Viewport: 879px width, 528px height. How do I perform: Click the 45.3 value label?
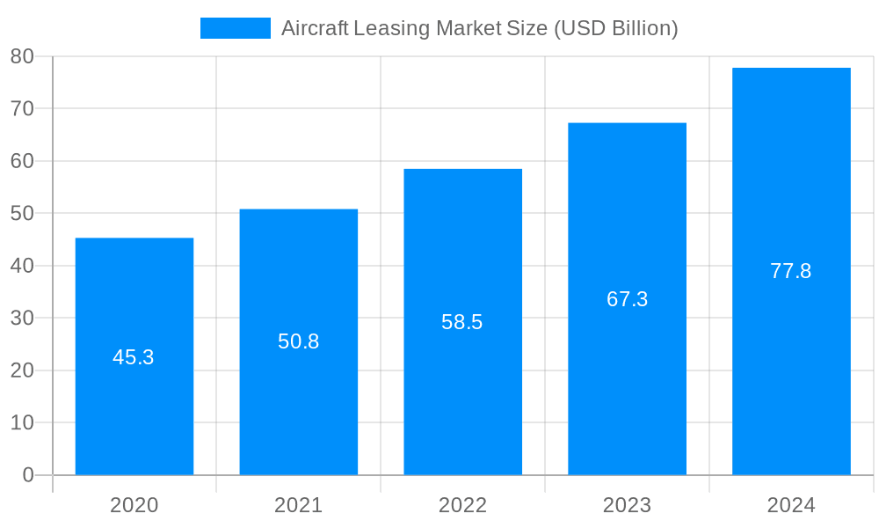[134, 357]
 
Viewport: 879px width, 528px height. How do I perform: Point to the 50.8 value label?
[298, 341]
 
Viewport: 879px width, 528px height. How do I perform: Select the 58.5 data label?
[462, 322]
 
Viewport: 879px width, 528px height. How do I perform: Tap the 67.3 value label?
[627, 299]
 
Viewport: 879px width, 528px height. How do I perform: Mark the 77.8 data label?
[791, 271]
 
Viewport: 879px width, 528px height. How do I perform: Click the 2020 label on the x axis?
[134, 505]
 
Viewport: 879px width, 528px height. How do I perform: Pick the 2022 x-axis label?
[462, 505]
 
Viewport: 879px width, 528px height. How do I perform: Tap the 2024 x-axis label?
[791, 505]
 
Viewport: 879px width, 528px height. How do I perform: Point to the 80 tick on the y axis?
[22, 56]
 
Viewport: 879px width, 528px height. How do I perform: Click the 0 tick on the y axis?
[27, 475]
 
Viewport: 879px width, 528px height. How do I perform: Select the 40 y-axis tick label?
[22, 266]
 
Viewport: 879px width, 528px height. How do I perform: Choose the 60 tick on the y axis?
[22, 161]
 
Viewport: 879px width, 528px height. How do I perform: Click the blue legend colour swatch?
[235, 28]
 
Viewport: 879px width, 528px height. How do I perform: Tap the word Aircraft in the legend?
[314, 28]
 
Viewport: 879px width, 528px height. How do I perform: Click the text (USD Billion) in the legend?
[614, 28]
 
